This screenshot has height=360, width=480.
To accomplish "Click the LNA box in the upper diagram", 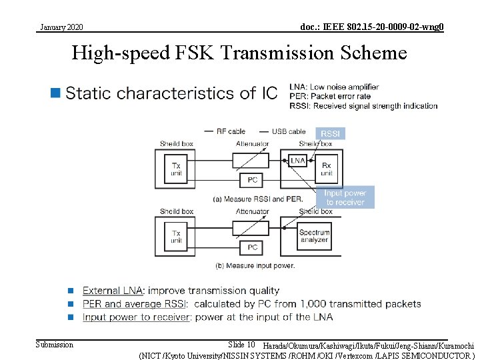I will tap(297, 161).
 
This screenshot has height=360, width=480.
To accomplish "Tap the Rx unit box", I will tap(327, 168).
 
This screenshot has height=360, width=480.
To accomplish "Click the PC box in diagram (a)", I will tap(252, 180).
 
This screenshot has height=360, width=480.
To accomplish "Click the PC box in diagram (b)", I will tap(252, 247).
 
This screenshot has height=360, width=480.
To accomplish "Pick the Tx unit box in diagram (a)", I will tap(176, 168).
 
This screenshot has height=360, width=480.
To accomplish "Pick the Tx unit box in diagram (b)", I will tap(176, 237).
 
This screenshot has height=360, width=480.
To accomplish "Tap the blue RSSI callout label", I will tap(330, 133).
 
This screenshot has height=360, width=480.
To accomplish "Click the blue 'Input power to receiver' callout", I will tap(345, 198).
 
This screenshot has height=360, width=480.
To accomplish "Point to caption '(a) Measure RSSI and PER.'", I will tap(257, 199).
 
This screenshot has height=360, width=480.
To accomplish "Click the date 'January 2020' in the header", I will tap(61, 27).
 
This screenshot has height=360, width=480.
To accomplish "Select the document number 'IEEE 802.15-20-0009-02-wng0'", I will tap(372, 27).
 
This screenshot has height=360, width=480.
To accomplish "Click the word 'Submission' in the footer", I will tap(55, 344).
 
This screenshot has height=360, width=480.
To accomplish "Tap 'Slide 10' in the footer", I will tap(241, 344).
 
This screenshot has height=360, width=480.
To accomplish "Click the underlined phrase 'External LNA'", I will tap(112, 291).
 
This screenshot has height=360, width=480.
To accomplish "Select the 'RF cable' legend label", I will tap(231, 131).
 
